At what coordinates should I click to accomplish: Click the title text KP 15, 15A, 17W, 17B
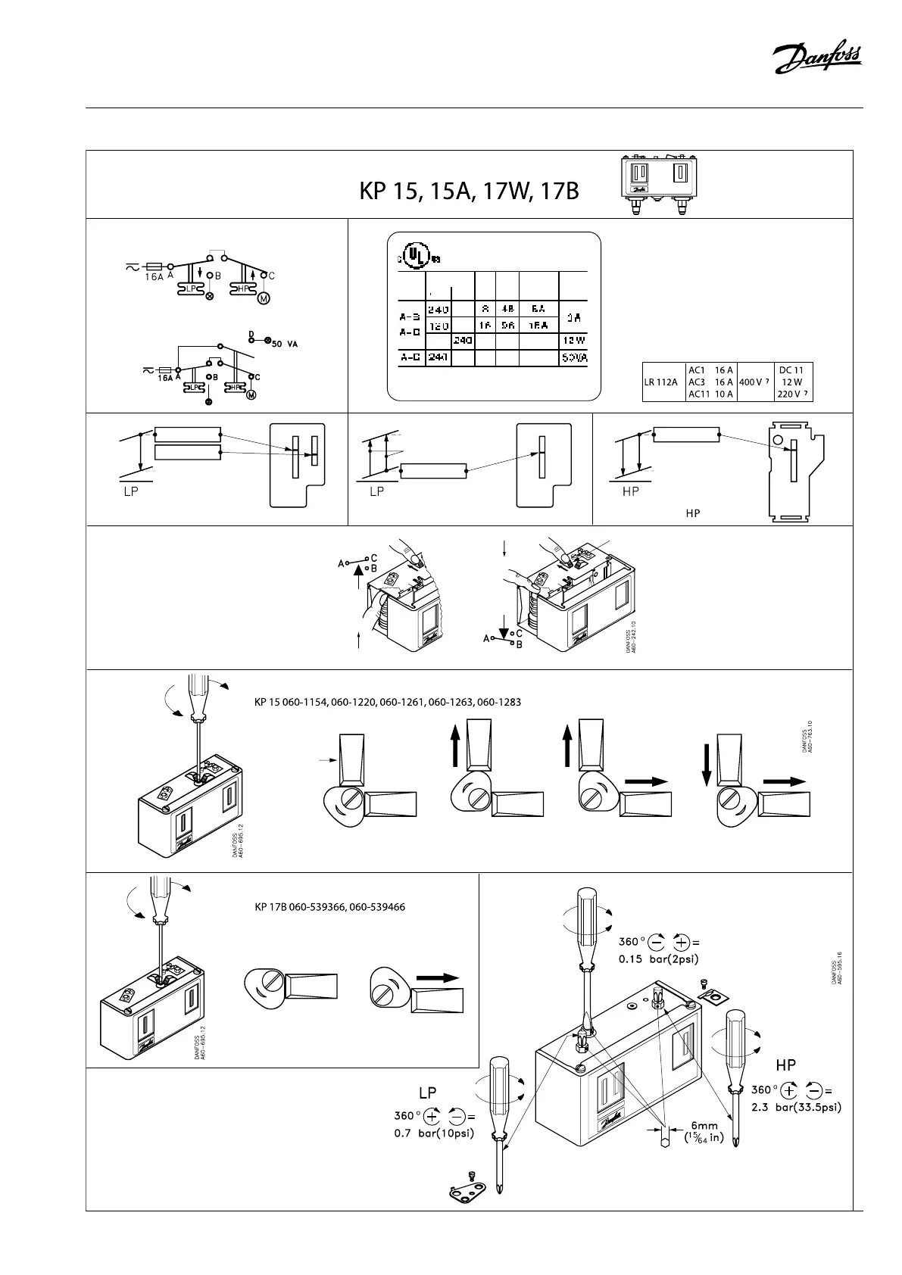(469, 192)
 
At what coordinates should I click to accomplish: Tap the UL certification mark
(414, 256)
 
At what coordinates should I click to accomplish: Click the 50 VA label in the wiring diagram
(284, 344)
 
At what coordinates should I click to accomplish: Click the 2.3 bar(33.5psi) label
(796, 1106)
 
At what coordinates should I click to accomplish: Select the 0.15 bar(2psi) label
(658, 959)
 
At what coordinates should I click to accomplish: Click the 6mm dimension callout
(704, 1127)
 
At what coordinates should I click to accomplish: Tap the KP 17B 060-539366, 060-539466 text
(329, 906)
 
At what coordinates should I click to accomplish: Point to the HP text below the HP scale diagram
(692, 513)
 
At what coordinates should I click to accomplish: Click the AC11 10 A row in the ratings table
(710, 394)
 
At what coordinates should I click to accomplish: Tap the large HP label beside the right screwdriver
(785, 1065)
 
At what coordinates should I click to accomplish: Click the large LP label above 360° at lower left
(428, 1093)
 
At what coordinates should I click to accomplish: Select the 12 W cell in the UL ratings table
(572, 341)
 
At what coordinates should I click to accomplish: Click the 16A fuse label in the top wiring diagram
(154, 277)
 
